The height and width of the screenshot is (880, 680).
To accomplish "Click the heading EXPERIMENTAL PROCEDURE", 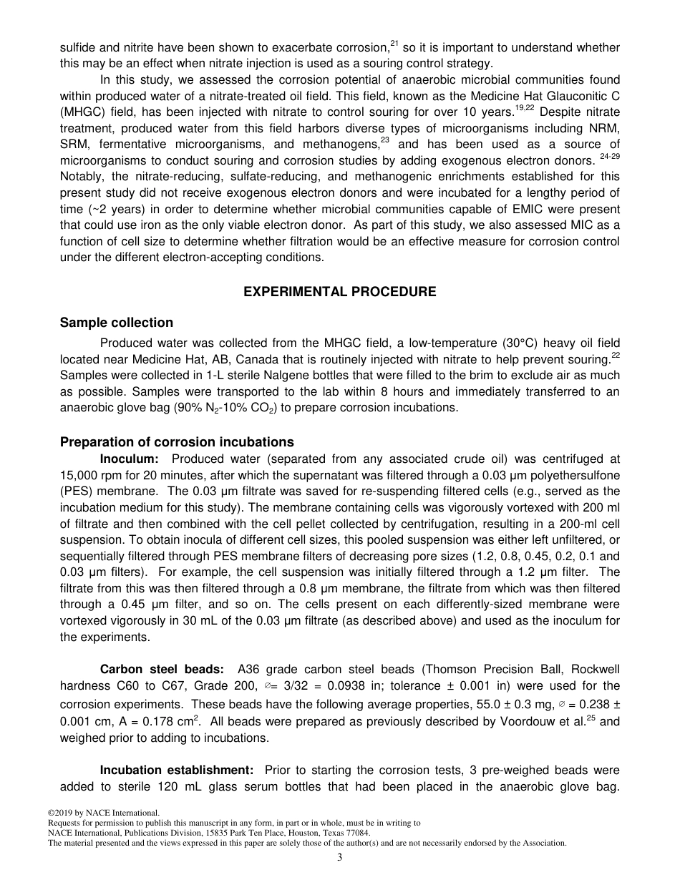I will point(340,292).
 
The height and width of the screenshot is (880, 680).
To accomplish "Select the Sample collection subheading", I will point(117,323).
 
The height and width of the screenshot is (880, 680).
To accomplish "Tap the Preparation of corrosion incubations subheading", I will point(177,441).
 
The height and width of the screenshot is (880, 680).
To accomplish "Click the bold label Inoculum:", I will point(129,459).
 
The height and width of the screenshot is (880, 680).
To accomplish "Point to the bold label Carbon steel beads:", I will point(162,670).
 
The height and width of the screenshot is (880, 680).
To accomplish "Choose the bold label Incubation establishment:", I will point(177,770).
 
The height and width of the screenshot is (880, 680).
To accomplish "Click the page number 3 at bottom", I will point(340,858).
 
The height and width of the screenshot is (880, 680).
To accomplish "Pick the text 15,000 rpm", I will point(91,474).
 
